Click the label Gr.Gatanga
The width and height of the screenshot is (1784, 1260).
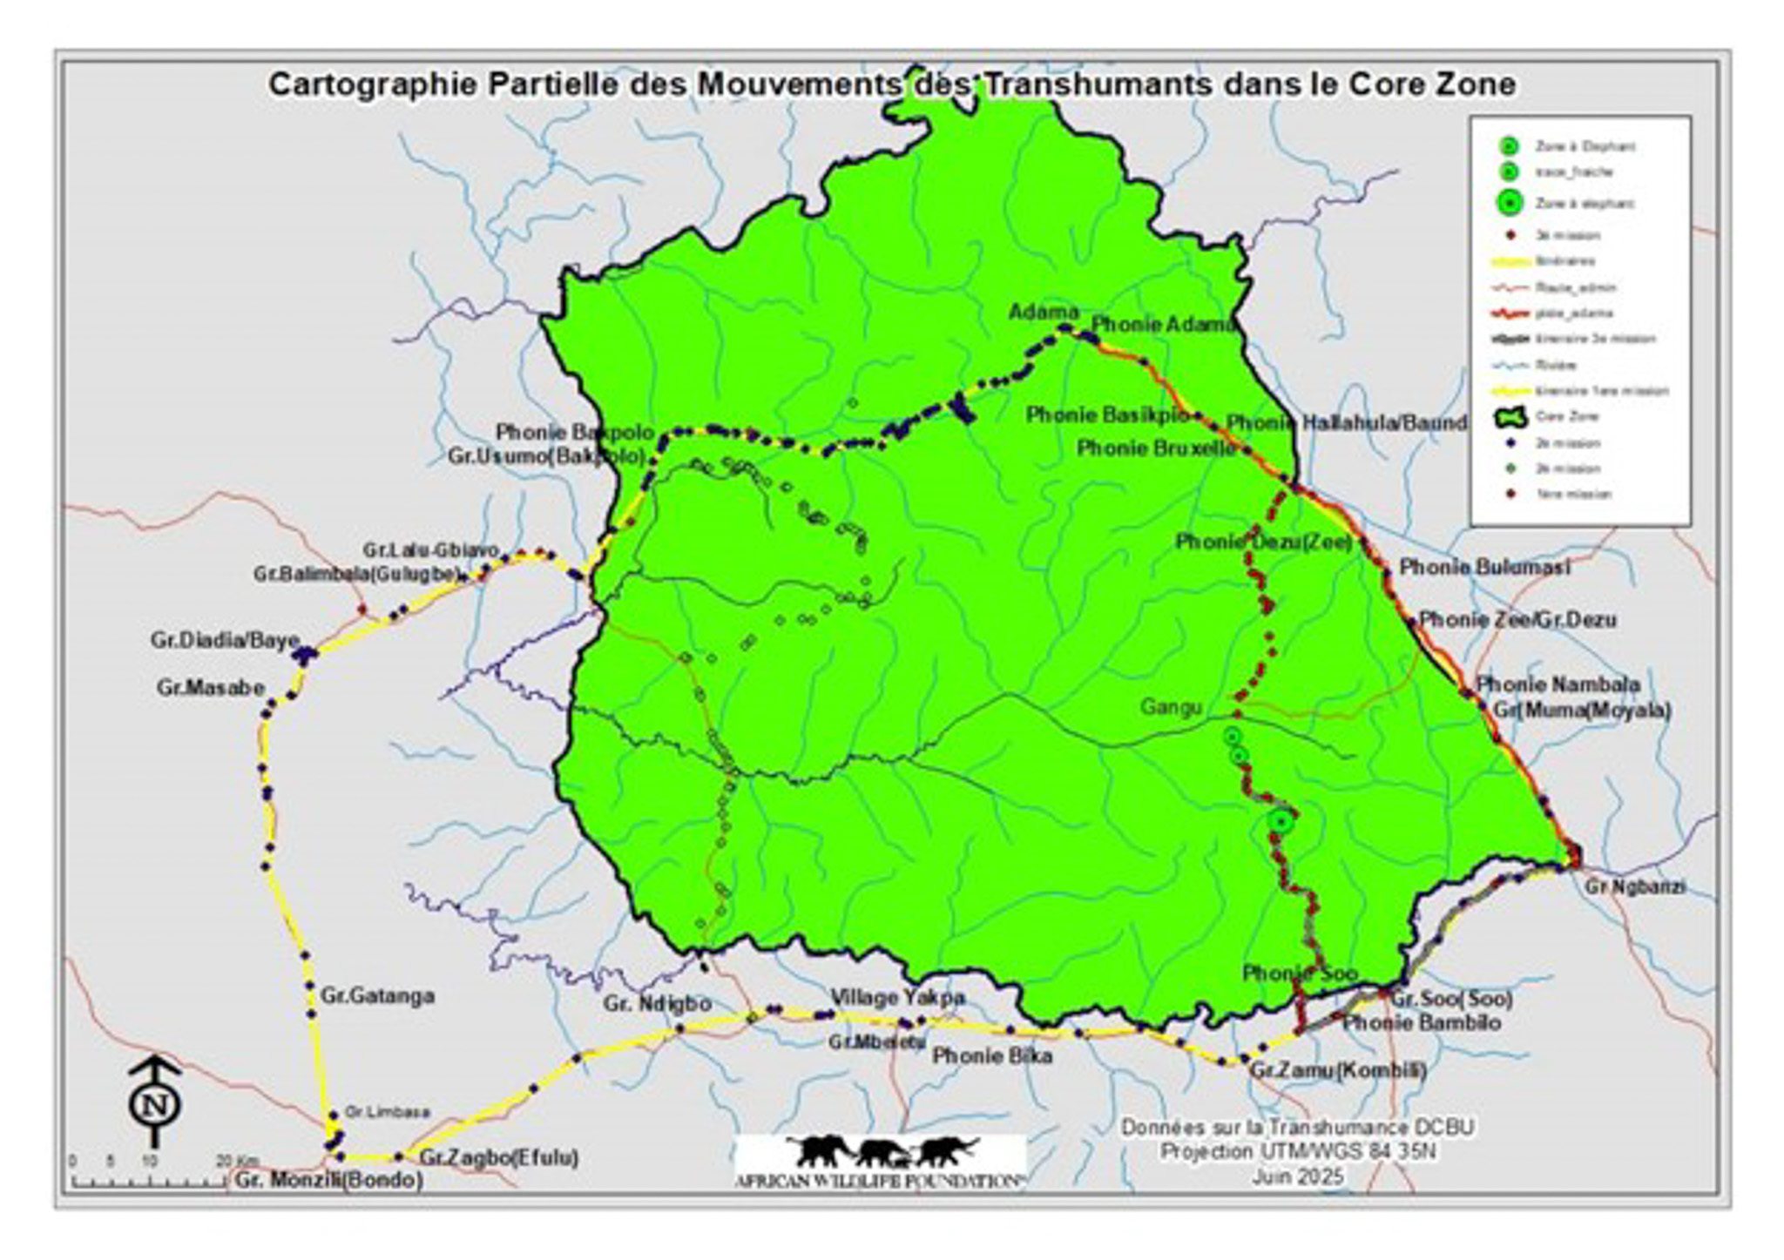pyautogui.click(x=377, y=995)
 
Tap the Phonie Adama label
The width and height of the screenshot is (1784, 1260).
pyautogui.click(x=1163, y=324)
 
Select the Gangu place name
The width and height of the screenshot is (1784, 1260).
pyautogui.click(x=1171, y=707)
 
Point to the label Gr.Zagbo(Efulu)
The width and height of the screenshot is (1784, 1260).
pyautogui.click(x=498, y=1157)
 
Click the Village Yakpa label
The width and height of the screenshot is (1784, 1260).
pyautogui.click(x=897, y=997)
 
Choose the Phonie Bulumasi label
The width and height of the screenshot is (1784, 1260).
pyautogui.click(x=1484, y=567)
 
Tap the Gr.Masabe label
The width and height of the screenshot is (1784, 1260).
pyautogui.click(x=211, y=687)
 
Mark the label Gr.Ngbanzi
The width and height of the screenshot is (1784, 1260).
pyautogui.click(x=1635, y=886)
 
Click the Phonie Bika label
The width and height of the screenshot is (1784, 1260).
pyautogui.click(x=992, y=1056)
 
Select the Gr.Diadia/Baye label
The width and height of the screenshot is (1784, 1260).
pyautogui.click(x=225, y=640)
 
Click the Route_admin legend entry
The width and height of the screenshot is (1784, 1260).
pyautogui.click(x=1576, y=286)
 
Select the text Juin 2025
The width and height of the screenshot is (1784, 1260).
pyautogui.click(x=1298, y=1176)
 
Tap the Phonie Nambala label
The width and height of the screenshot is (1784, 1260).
pyautogui.click(x=1558, y=684)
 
